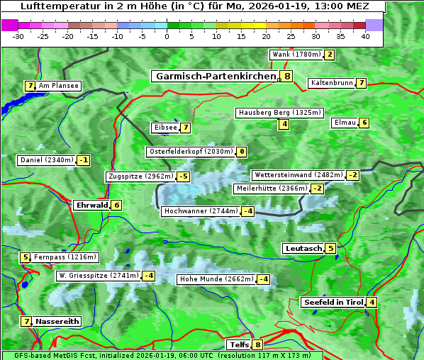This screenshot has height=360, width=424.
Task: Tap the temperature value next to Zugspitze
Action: click(x=184, y=176)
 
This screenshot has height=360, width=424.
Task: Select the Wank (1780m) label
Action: click(x=296, y=55)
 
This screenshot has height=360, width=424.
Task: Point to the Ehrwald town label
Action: click(x=91, y=206)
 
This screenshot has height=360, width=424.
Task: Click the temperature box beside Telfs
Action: click(x=257, y=345)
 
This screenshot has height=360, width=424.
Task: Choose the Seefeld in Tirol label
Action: click(x=333, y=303)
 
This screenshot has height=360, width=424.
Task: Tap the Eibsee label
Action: click(x=164, y=128)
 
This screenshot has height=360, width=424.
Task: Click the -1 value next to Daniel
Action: click(x=84, y=160)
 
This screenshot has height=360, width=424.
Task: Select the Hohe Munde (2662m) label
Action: click(x=216, y=279)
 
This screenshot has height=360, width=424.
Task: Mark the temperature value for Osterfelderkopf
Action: click(x=242, y=152)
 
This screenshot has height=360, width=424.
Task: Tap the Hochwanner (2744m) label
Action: click(x=201, y=211)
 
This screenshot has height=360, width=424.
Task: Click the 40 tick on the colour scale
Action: click(x=365, y=35)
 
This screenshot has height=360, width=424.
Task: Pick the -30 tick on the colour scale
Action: click(x=18, y=35)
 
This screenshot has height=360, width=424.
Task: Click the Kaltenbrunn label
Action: click(x=331, y=83)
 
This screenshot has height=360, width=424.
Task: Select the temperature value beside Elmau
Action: click(x=364, y=123)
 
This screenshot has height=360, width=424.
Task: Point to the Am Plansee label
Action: click(x=58, y=86)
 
